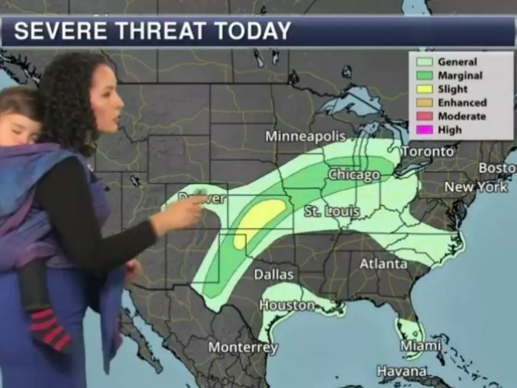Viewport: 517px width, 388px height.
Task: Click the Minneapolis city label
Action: click(x=305, y=137)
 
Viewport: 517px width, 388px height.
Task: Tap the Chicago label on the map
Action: click(x=354, y=175)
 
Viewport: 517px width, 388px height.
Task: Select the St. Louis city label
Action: click(x=332, y=212)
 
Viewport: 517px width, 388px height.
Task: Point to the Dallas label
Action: click(x=274, y=275)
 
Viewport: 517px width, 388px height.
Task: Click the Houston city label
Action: click(x=287, y=305)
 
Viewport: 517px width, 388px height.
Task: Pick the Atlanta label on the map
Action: click(x=383, y=264)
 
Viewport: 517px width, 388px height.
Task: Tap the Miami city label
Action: click(x=420, y=346)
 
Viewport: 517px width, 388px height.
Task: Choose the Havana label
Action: click(x=402, y=371)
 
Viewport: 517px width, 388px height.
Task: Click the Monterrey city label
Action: click(x=243, y=347)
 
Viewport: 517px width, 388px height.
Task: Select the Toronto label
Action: click(x=428, y=152)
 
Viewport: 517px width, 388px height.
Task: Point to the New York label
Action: click(x=476, y=187)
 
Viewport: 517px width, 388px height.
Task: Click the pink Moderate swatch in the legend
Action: click(x=424, y=116)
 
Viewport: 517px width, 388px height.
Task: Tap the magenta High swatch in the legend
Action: click(x=424, y=130)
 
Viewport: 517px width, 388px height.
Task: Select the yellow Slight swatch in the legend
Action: click(x=424, y=89)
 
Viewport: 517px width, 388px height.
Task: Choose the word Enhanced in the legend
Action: click(x=462, y=103)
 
